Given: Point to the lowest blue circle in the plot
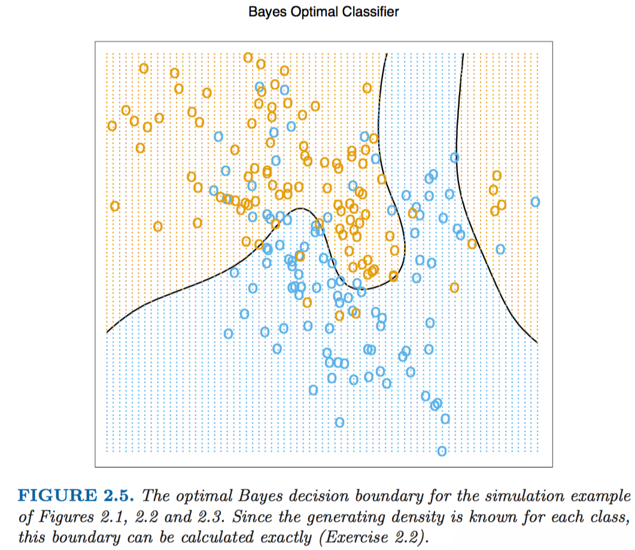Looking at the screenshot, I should click(x=442, y=451).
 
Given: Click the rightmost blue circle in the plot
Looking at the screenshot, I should click(x=535, y=202).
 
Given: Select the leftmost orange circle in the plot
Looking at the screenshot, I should click(x=112, y=126).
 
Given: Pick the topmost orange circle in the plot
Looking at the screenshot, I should click(x=248, y=58).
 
